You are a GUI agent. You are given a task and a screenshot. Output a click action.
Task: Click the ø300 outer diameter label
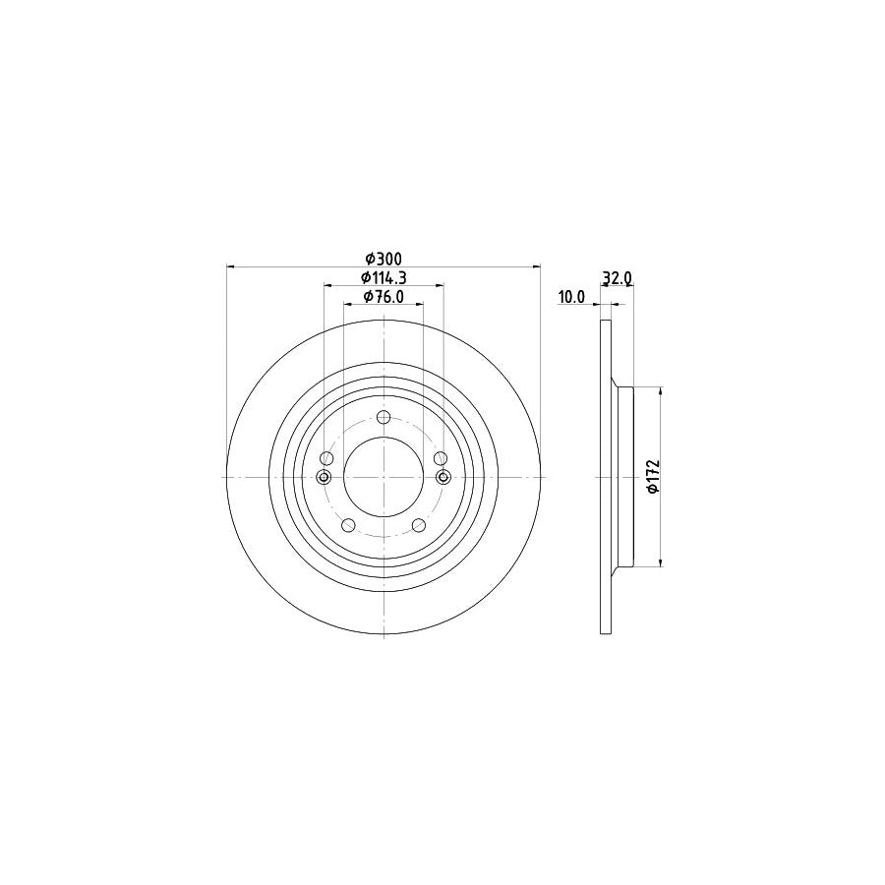pyautogui.click(x=383, y=258)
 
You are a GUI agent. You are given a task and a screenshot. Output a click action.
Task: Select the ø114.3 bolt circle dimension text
pyautogui.click(x=383, y=277)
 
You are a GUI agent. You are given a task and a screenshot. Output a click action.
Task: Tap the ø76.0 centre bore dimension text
pyautogui.click(x=383, y=297)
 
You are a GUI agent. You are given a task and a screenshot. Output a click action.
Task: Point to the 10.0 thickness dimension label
pyautogui.click(x=571, y=296)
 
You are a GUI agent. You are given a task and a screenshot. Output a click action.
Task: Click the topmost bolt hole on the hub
pyautogui.click(x=383, y=418)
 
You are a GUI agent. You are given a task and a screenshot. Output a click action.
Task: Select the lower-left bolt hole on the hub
pyautogui.click(x=347, y=525)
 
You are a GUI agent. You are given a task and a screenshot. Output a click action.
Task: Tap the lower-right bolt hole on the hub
pyautogui.click(x=419, y=525)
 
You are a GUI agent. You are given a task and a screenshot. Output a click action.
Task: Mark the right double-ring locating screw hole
pyautogui.click(x=442, y=477)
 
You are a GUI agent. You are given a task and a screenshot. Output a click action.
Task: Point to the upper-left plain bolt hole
pyautogui.click(x=326, y=458)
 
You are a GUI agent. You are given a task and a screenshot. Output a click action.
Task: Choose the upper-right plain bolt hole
pyautogui.click(x=441, y=458)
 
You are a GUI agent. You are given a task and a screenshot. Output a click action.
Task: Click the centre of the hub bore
pyautogui.click(x=383, y=477)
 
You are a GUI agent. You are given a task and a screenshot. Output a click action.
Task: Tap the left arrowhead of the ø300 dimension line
pyautogui.click(x=231, y=265)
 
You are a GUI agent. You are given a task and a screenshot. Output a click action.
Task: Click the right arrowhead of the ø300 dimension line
pyautogui.click(x=536, y=265)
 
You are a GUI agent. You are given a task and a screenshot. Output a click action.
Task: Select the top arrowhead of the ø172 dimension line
pyautogui.click(x=660, y=390)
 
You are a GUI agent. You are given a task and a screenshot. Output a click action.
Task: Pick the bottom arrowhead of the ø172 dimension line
pyautogui.click(x=660, y=562)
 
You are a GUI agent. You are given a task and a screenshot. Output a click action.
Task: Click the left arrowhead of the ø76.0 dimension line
pyautogui.click(x=347, y=305)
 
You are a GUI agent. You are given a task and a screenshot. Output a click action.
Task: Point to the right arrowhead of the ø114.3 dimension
pyautogui.click(x=439, y=285)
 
